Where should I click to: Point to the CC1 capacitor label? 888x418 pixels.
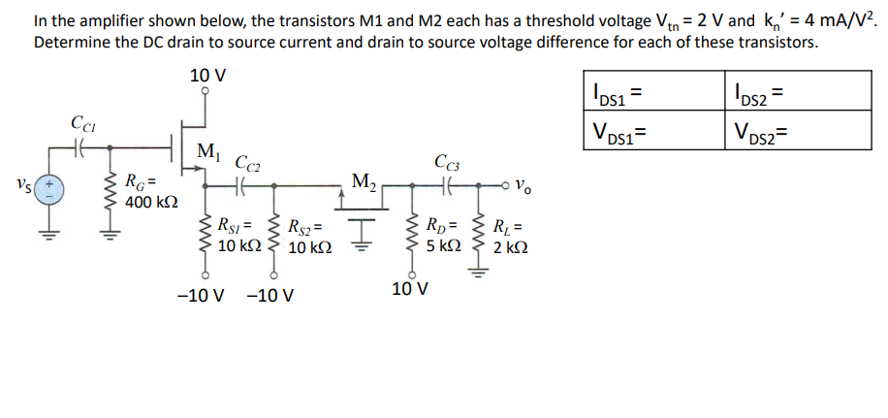tap(82, 123)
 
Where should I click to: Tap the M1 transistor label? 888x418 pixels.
tap(206, 151)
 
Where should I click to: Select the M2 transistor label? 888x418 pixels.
tap(365, 180)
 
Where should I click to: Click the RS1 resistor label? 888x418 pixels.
tap(236, 227)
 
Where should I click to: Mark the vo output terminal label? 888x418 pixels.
tap(522, 183)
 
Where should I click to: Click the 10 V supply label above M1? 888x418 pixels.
tap(203, 75)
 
